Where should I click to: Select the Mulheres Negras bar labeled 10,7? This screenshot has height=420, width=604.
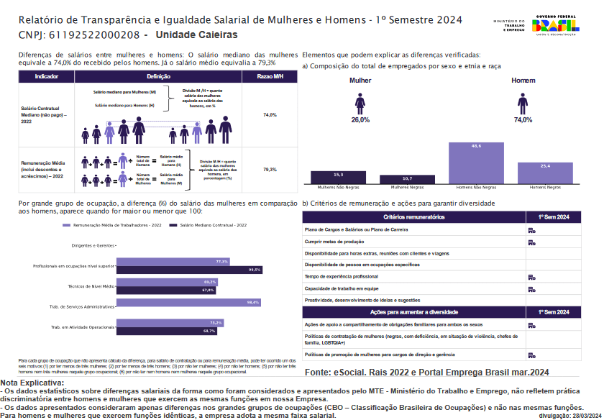tap(407, 178)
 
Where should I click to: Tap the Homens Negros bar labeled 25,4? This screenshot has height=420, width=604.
tap(544, 172)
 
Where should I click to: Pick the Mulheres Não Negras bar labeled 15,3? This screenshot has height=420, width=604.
tap(338, 177)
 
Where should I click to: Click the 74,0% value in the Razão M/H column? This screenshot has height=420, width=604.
tap(270, 115)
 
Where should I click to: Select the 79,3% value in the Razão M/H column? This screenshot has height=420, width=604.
tap(270, 170)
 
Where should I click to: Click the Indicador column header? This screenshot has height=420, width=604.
tap(47, 76)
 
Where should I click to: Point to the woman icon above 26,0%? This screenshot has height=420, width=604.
tap(360, 105)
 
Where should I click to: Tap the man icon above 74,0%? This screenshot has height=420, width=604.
tap(523, 105)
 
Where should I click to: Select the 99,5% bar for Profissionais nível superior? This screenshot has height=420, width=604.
tap(189, 270)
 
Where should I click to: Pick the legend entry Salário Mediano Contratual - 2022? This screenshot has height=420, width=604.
tap(211, 225)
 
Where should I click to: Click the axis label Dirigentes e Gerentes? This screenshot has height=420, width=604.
tap(93, 246)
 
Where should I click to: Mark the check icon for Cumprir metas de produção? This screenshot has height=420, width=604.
tap(531, 242)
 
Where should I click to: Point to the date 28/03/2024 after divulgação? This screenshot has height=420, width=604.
tap(585, 416)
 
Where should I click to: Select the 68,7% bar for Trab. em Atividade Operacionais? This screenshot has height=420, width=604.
tap(167, 331)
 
